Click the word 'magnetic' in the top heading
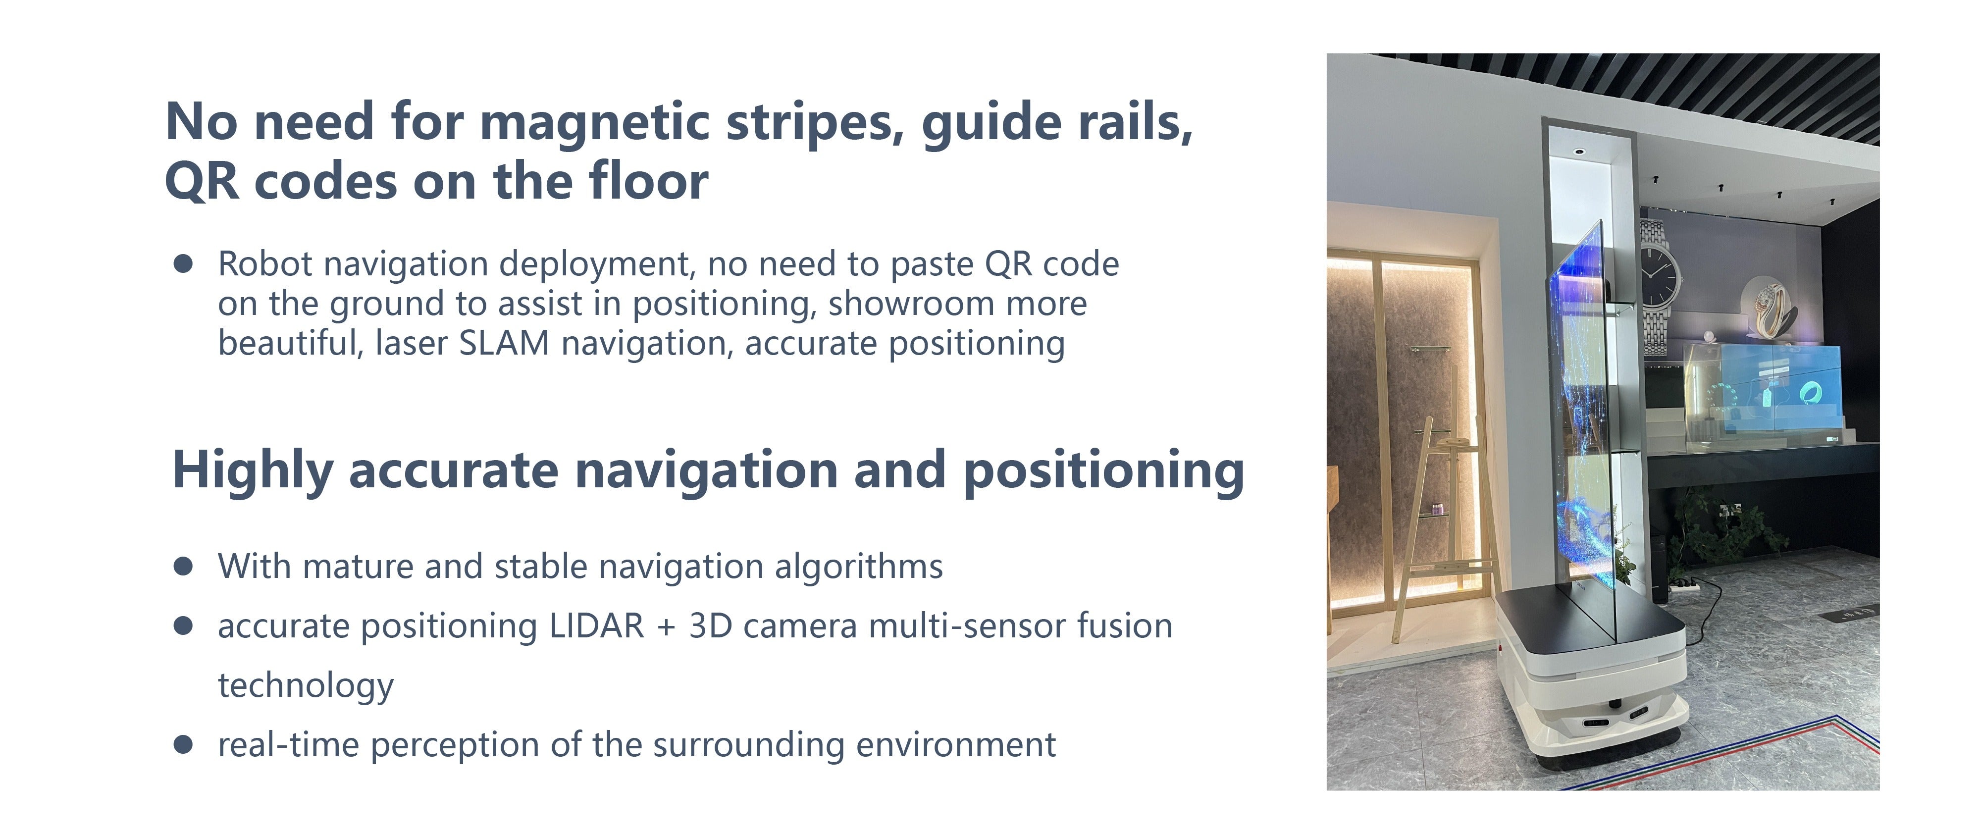[x=594, y=123]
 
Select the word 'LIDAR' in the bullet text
[x=597, y=626]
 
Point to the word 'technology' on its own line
[x=305, y=686]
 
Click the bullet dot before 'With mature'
[x=183, y=567]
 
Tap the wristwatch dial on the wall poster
[x=1658, y=273]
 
